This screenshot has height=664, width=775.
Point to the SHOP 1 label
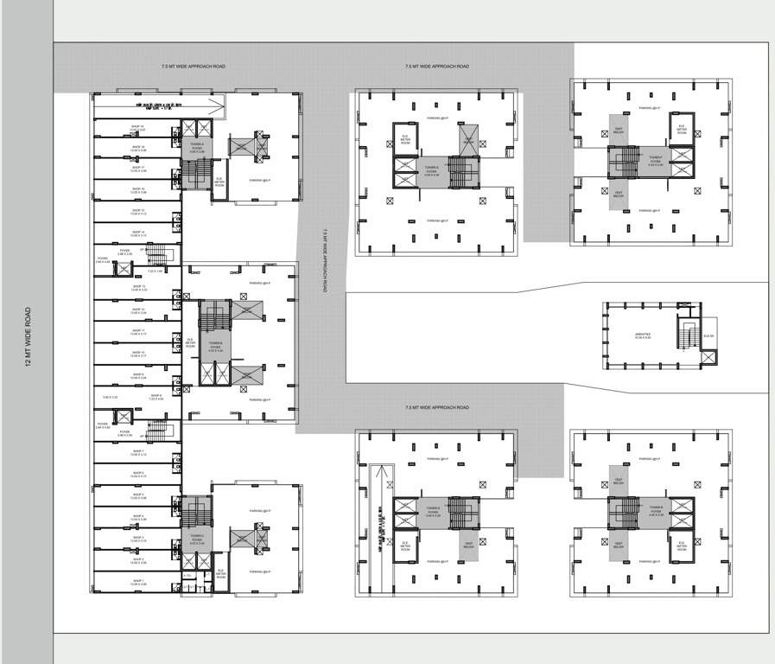[138, 582]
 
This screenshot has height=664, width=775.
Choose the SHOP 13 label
[138, 288]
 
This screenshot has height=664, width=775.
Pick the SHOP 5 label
[138, 495]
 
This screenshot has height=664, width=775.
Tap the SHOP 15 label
[138, 211]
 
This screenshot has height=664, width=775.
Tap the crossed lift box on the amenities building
[708, 356]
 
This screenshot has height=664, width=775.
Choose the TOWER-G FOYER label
[432, 172]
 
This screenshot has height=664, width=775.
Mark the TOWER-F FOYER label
[657, 160]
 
